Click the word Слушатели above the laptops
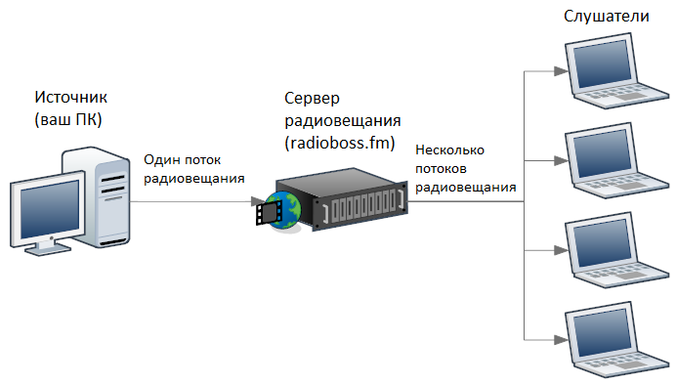pos(608,19)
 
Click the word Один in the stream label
pos(159,159)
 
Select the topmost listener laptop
pos(611,73)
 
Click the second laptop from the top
pos(611,161)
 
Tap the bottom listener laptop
pos(611,337)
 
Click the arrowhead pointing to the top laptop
pos(559,71)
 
